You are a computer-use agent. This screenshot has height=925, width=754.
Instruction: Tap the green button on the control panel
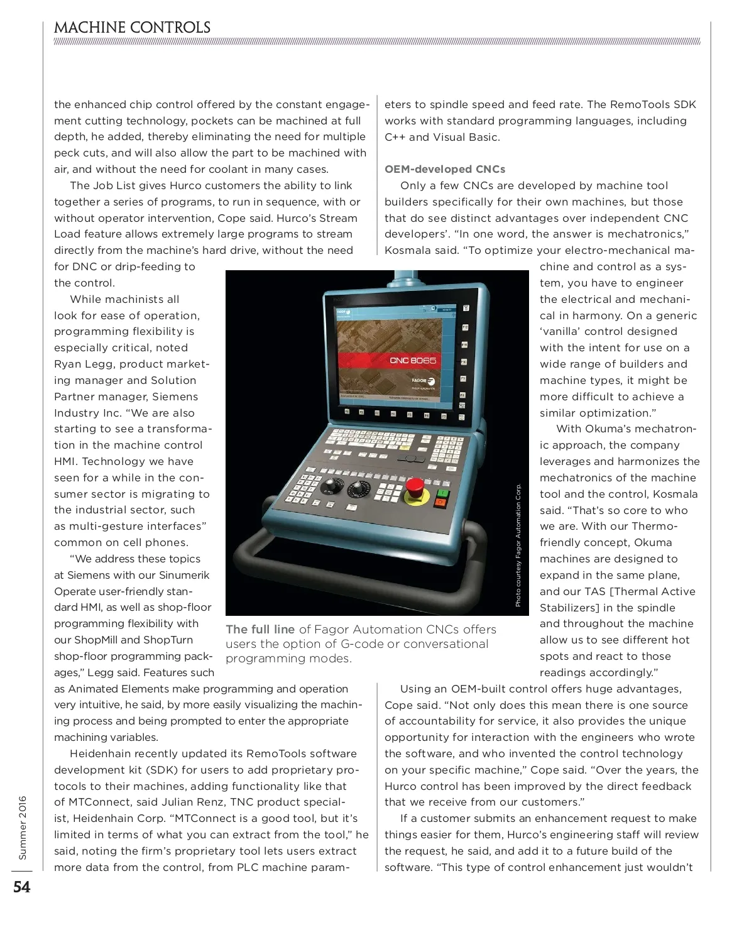442,493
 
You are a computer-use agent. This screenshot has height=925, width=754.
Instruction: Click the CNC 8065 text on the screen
413,360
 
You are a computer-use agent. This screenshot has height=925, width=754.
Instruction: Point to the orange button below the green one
440,503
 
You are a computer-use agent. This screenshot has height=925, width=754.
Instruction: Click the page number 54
22,887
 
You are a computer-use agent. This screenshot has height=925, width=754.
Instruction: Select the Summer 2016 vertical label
23,828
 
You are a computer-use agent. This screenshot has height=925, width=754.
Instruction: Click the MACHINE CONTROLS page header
132,28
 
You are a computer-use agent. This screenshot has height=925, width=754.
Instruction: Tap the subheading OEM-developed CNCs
445,169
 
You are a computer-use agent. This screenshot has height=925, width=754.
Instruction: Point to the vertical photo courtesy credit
518,544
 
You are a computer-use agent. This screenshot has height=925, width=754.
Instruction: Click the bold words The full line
260,629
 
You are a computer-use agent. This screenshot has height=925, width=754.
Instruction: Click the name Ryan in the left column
67,364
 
